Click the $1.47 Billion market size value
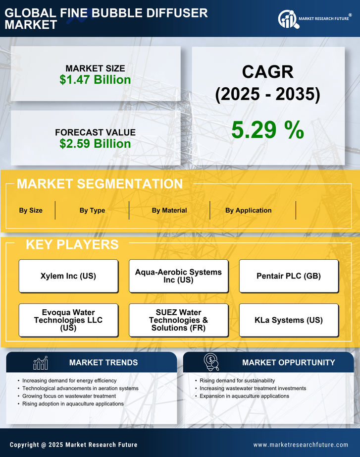(95, 80)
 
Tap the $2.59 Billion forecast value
(95, 144)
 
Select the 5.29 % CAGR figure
(267, 130)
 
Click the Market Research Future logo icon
(287, 19)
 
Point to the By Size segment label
(31, 210)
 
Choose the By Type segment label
(92, 210)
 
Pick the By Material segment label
(169, 210)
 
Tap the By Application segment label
(248, 210)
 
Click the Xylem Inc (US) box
(68, 276)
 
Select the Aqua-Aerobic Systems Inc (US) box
(178, 276)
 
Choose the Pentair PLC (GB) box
(289, 276)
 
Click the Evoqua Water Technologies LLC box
(68, 320)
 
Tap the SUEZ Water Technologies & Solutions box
(178, 320)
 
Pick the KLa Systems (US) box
(289, 320)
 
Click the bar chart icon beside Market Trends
(40, 363)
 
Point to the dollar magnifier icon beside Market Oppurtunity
(211, 362)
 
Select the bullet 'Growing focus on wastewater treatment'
(69, 396)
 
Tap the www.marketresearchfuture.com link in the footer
(301, 445)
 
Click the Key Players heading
(72, 244)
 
